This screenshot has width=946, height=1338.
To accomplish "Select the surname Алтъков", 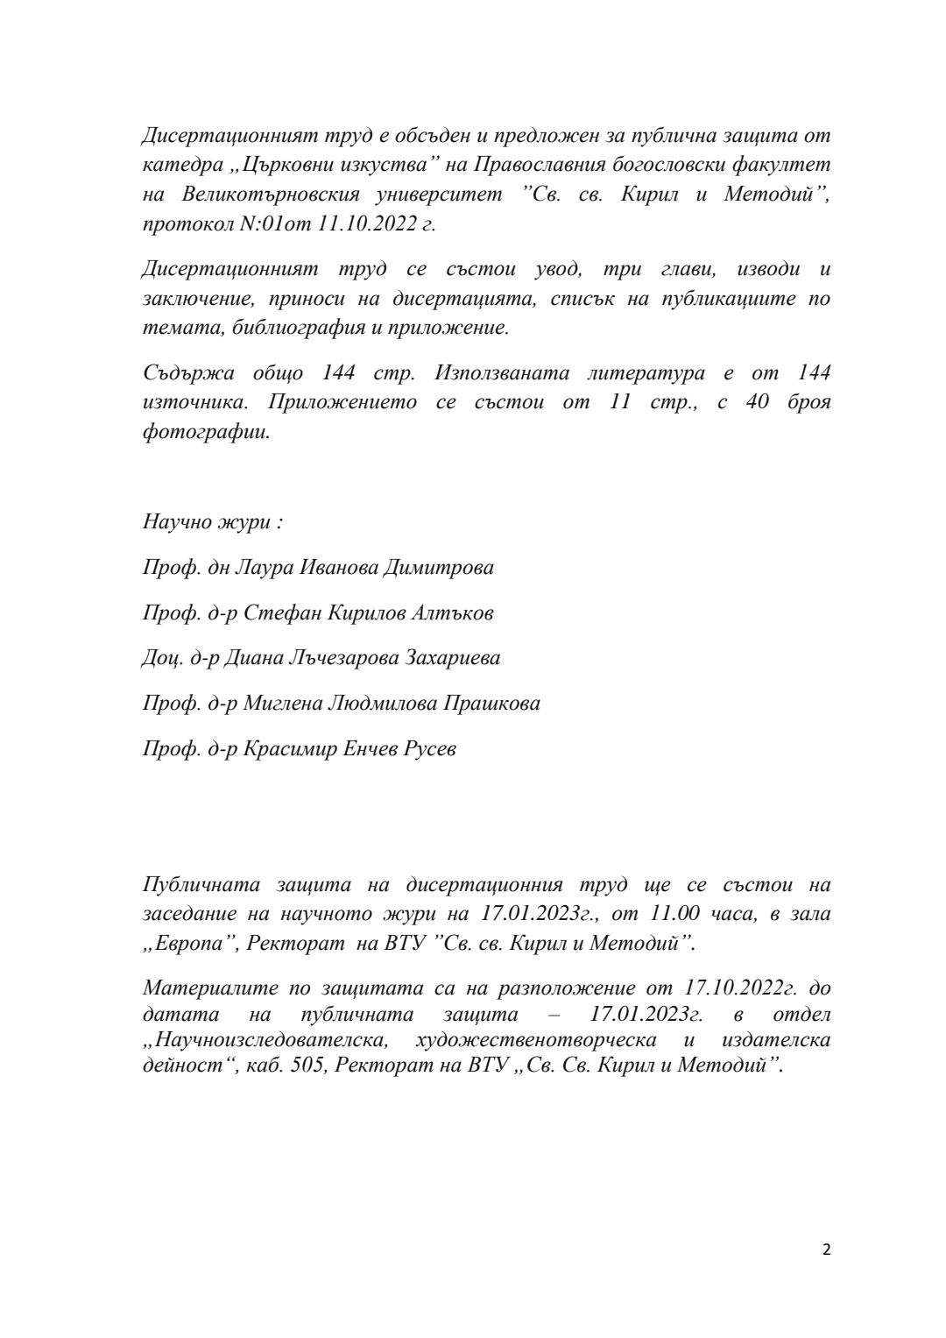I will (448, 613).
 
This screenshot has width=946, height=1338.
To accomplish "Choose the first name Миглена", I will (280, 704).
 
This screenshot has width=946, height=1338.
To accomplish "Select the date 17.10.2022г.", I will (739, 988).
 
